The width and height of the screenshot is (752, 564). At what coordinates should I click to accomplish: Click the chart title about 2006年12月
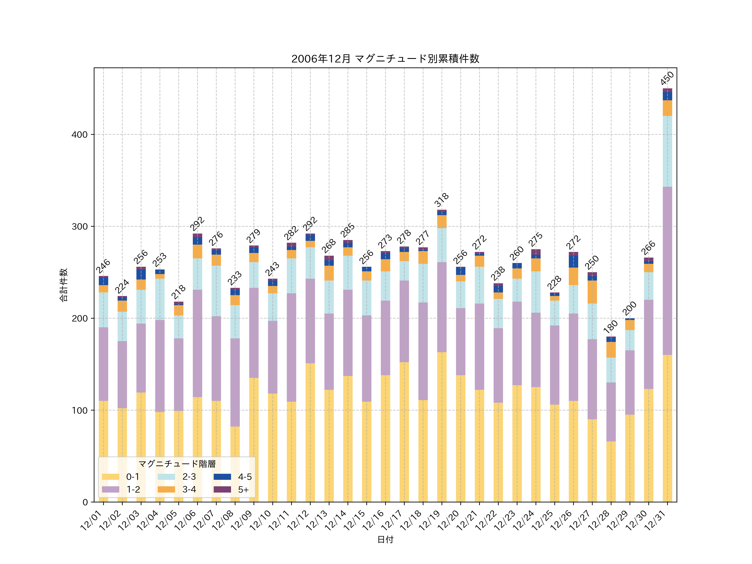[385, 59]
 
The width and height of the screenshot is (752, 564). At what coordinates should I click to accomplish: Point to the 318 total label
[442, 200]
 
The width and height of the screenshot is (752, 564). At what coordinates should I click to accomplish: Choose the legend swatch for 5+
[222, 490]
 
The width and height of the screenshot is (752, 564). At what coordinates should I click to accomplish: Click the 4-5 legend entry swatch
[222, 477]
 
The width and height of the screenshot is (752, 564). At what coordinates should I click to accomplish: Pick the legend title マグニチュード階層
[177, 464]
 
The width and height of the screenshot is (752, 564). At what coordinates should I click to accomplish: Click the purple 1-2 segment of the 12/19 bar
[442, 307]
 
